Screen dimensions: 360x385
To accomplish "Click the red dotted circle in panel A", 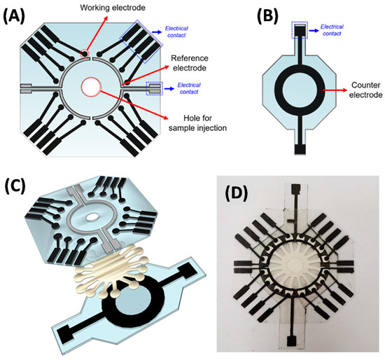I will click(x=97, y=87).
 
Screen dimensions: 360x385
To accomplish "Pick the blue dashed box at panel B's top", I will click(x=299, y=32).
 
